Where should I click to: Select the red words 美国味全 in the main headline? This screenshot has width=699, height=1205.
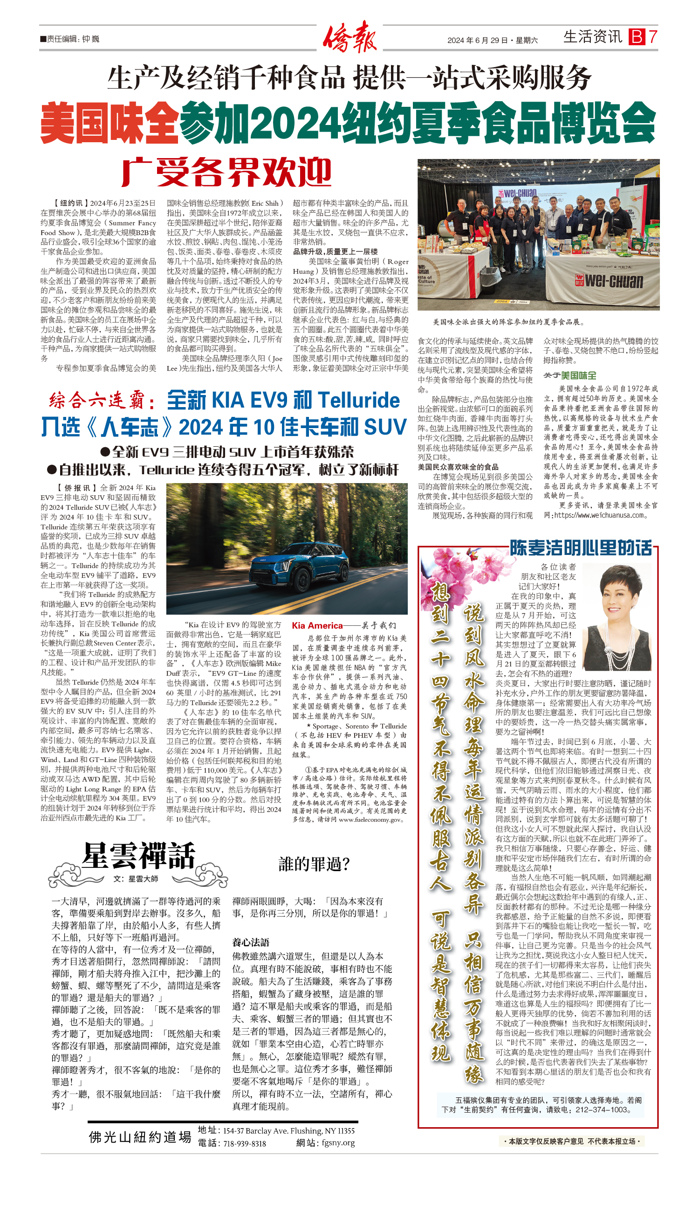pos(110,123)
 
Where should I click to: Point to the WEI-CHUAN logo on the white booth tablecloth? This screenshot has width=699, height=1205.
pos(609,281)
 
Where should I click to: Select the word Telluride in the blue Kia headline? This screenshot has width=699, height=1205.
pos(358,400)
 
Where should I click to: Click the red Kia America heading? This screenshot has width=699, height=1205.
pos(317,625)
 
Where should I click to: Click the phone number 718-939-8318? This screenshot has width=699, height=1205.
pos(244,1143)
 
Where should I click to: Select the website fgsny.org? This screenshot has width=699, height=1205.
pos(338,1143)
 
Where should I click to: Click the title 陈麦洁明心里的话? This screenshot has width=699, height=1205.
pos(581,547)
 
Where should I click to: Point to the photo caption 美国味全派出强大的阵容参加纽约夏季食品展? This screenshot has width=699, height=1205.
pos(508,322)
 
